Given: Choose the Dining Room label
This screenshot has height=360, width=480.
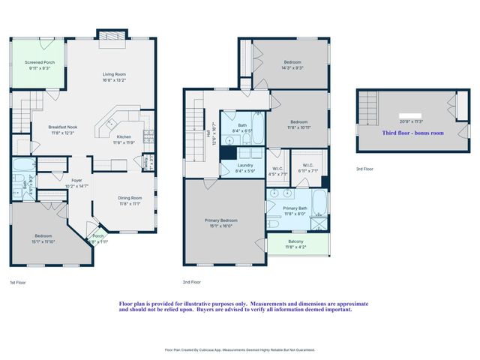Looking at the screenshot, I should (x=129, y=199).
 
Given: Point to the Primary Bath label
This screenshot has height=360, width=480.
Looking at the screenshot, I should (x=295, y=210).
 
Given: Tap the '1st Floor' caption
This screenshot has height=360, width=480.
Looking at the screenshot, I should (x=19, y=282).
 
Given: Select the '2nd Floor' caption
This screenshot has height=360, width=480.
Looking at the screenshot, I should (x=191, y=282).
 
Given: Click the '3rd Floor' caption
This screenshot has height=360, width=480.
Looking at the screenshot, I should (x=364, y=169).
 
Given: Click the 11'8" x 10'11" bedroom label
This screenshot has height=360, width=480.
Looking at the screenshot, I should (x=298, y=123).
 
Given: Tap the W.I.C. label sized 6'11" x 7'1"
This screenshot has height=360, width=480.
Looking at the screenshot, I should (x=308, y=167).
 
